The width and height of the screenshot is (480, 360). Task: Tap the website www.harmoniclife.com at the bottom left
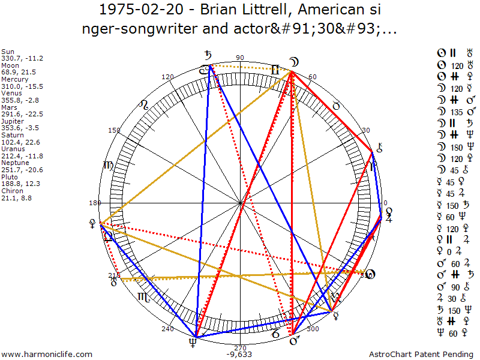(48, 355)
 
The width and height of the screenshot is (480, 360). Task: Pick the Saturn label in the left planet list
(11, 136)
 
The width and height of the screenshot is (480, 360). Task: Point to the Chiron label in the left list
(11, 191)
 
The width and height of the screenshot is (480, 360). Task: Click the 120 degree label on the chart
(167, 77)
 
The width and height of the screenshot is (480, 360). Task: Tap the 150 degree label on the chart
(114, 131)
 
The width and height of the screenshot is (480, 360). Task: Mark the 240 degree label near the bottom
(167, 329)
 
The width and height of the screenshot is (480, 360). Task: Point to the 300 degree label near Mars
(312, 329)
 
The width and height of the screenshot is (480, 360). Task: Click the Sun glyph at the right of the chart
(371, 274)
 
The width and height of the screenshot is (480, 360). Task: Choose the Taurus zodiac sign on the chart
(336, 106)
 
